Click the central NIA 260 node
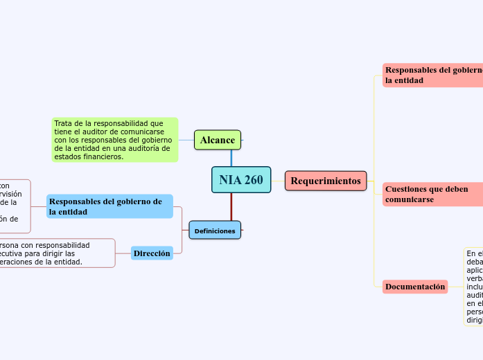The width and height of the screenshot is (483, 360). pos(240,180)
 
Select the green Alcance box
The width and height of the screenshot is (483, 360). pos(218,141)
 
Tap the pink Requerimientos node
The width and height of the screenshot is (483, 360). pos(326,181)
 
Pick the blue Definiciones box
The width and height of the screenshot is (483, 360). pos(215,230)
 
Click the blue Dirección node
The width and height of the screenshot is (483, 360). pos(152,253)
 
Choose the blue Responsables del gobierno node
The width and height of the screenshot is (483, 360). pos(109,206)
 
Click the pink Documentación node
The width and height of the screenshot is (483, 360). pos(415,287)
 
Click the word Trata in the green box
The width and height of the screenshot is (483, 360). pos(64,123)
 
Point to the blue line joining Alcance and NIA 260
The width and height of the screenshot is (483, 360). pos(231,158)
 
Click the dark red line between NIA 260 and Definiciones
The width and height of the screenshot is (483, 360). pos(231,207)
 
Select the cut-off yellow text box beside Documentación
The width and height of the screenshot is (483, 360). pos(474,287)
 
